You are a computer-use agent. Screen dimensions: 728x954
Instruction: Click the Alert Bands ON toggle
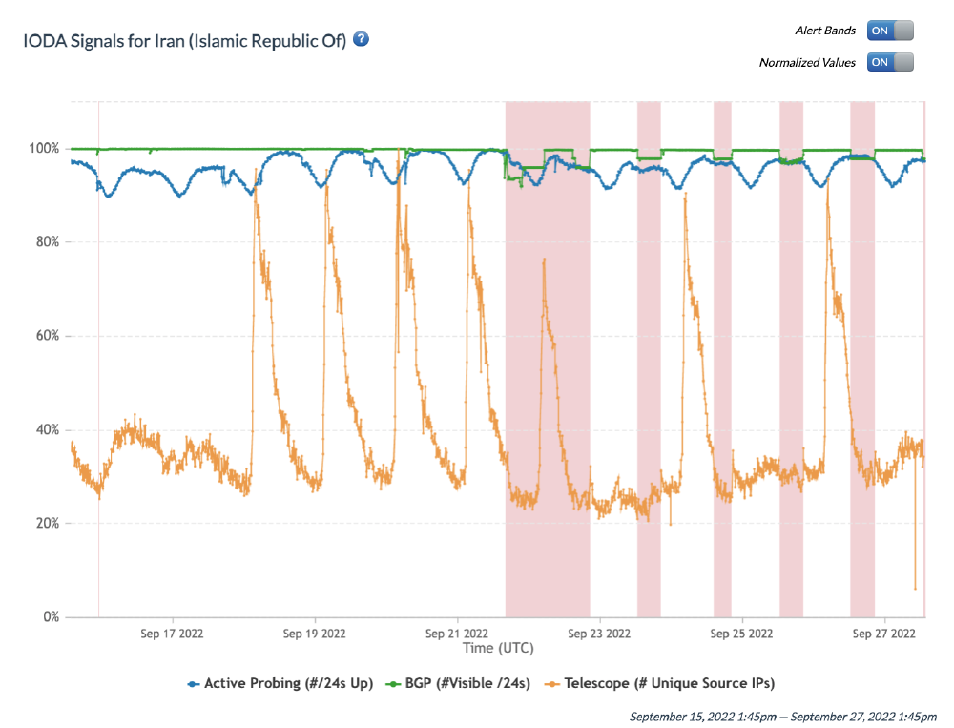pyautogui.click(x=890, y=31)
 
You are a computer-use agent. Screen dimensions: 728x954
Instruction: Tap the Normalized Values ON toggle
pyautogui.click(x=890, y=62)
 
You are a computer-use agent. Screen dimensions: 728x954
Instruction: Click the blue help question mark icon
pyautogui.click(x=361, y=40)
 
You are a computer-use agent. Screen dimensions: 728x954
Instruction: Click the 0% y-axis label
pyautogui.click(x=51, y=617)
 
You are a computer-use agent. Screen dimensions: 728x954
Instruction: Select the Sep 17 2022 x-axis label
pyautogui.click(x=172, y=633)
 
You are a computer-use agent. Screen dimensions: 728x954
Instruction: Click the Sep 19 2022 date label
pyautogui.click(x=314, y=633)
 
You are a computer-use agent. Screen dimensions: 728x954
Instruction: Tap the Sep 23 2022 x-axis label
pyautogui.click(x=598, y=633)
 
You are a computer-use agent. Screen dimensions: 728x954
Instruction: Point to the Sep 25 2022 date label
pyautogui.click(x=741, y=633)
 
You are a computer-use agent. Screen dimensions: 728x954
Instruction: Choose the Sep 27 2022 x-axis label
pyautogui.click(x=883, y=633)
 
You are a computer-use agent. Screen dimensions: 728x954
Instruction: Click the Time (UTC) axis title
pyautogui.click(x=498, y=648)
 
